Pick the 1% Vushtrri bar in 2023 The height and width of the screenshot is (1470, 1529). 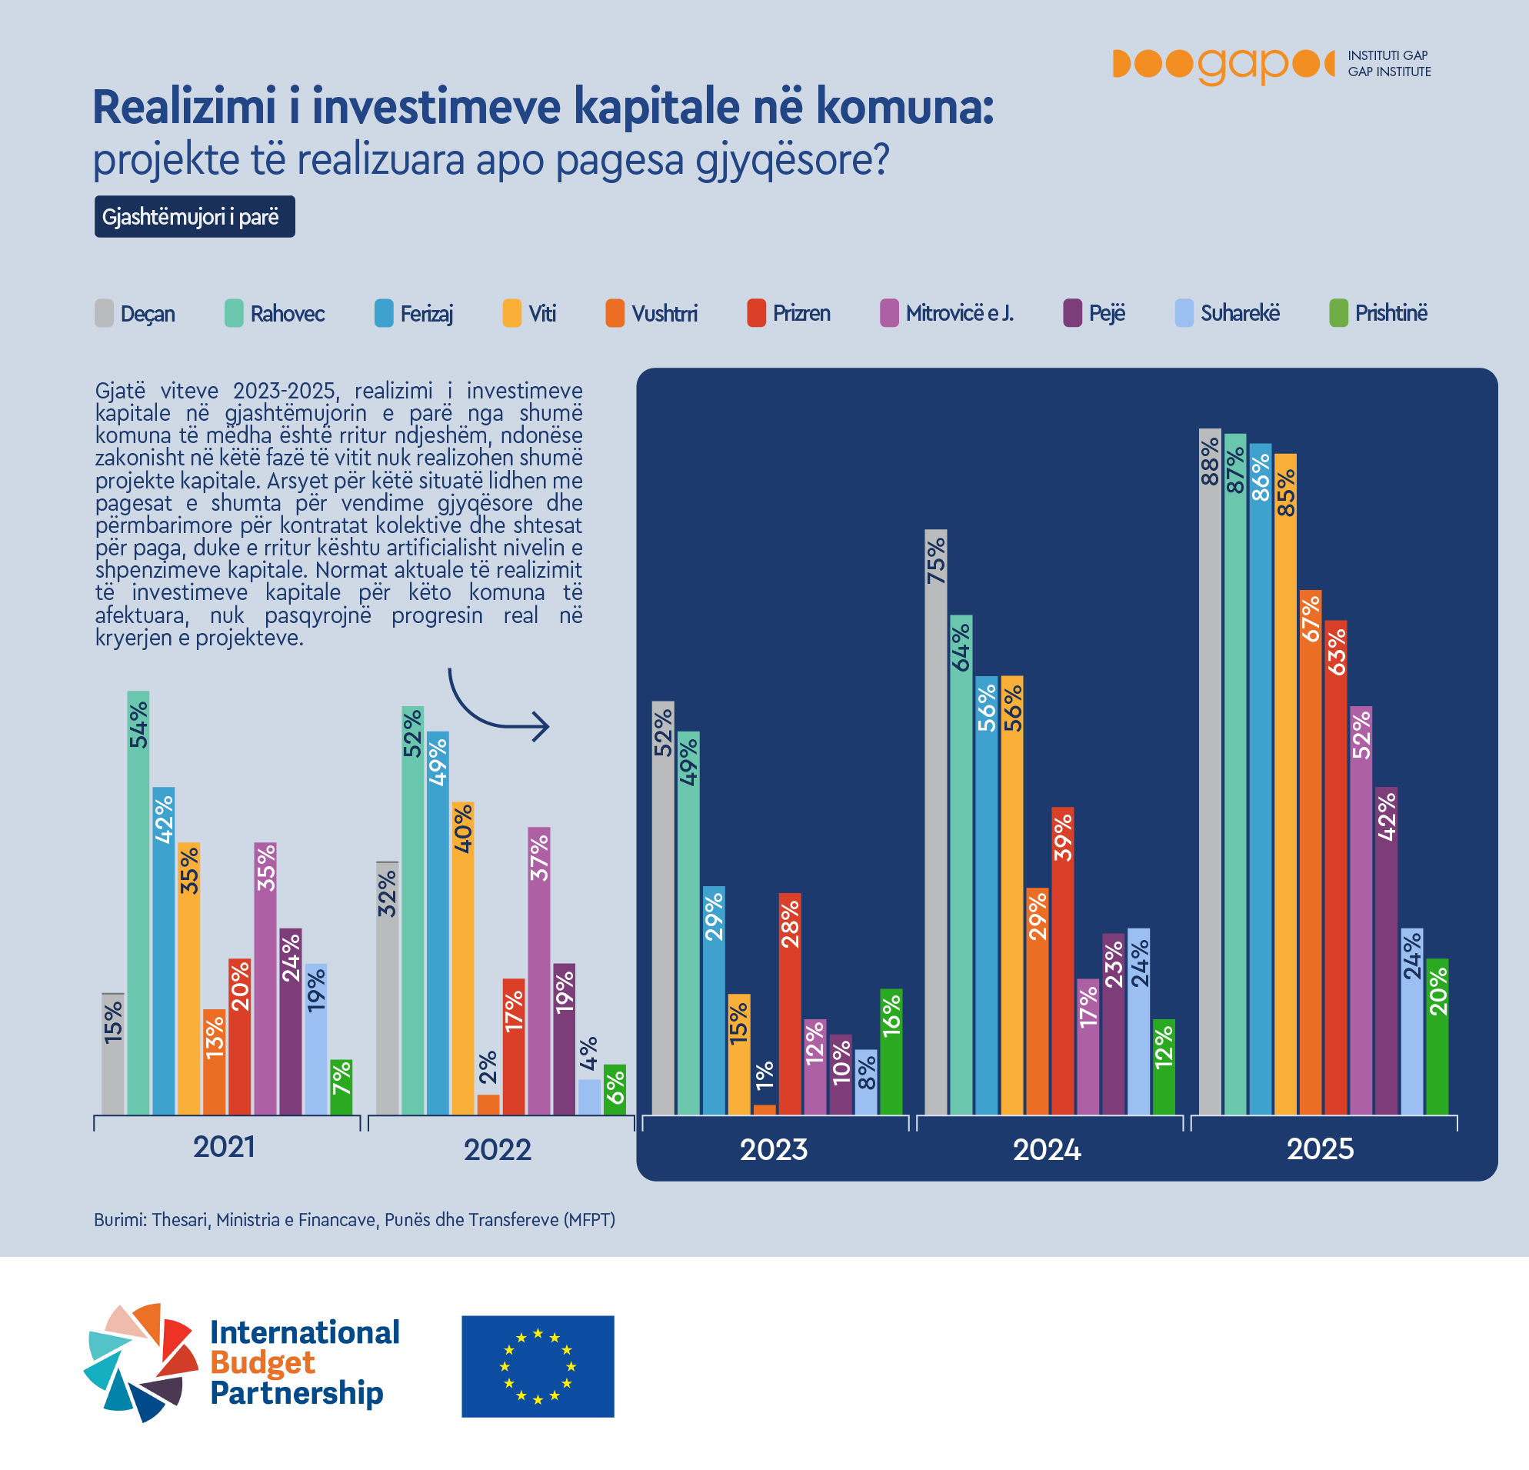click(x=764, y=1108)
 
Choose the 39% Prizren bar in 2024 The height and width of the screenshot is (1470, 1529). click(x=1062, y=960)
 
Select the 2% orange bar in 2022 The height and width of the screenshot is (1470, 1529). click(x=488, y=1104)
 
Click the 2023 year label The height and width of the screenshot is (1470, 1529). click(x=773, y=1149)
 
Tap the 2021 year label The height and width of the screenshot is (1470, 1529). click(x=224, y=1147)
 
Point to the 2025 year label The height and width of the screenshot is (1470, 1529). click(x=1320, y=1148)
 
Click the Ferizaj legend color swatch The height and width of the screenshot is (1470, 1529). click(x=384, y=313)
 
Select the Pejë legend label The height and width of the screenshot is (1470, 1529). click(x=1107, y=313)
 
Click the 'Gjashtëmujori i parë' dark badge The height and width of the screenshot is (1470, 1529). click(x=195, y=216)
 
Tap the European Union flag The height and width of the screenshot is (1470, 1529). click(x=538, y=1366)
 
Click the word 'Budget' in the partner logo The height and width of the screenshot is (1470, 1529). click(x=262, y=1362)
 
